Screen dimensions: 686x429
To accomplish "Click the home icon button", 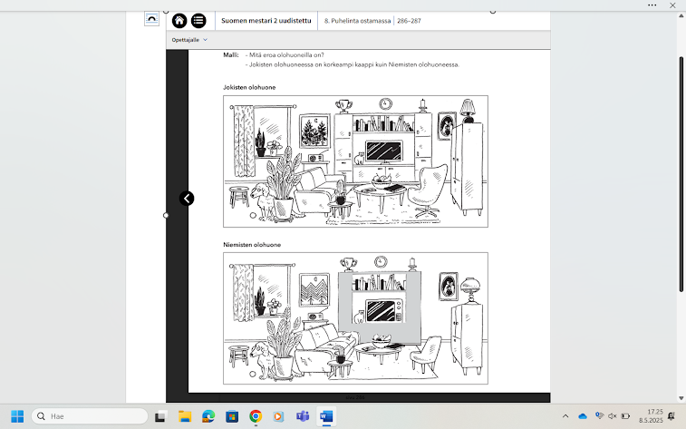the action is [179, 21].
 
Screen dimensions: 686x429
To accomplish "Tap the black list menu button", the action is [198, 21].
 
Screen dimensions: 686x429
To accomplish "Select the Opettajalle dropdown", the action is [189, 40].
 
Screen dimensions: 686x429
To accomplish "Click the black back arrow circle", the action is [187, 199].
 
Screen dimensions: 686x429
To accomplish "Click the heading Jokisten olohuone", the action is [249, 87].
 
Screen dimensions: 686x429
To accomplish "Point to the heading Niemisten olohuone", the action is [252, 245].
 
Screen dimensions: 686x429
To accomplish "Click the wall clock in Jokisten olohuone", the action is [385, 103].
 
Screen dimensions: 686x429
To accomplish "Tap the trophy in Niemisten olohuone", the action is [348, 264].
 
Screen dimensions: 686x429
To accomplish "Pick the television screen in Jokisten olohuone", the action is [383, 151].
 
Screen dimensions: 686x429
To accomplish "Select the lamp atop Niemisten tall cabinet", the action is [470, 289].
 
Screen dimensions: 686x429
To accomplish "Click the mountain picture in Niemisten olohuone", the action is [314, 290].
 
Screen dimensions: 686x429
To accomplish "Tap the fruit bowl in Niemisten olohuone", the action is [382, 341].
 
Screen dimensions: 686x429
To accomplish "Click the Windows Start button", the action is [17, 416].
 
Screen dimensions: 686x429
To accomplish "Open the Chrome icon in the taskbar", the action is [256, 416].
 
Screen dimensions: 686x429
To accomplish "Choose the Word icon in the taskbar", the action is [325, 416].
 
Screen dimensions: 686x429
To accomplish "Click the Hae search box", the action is [90, 416].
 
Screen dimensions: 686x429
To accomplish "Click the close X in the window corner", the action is [672, 5].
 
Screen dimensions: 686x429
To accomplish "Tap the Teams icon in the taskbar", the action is [303, 416].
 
